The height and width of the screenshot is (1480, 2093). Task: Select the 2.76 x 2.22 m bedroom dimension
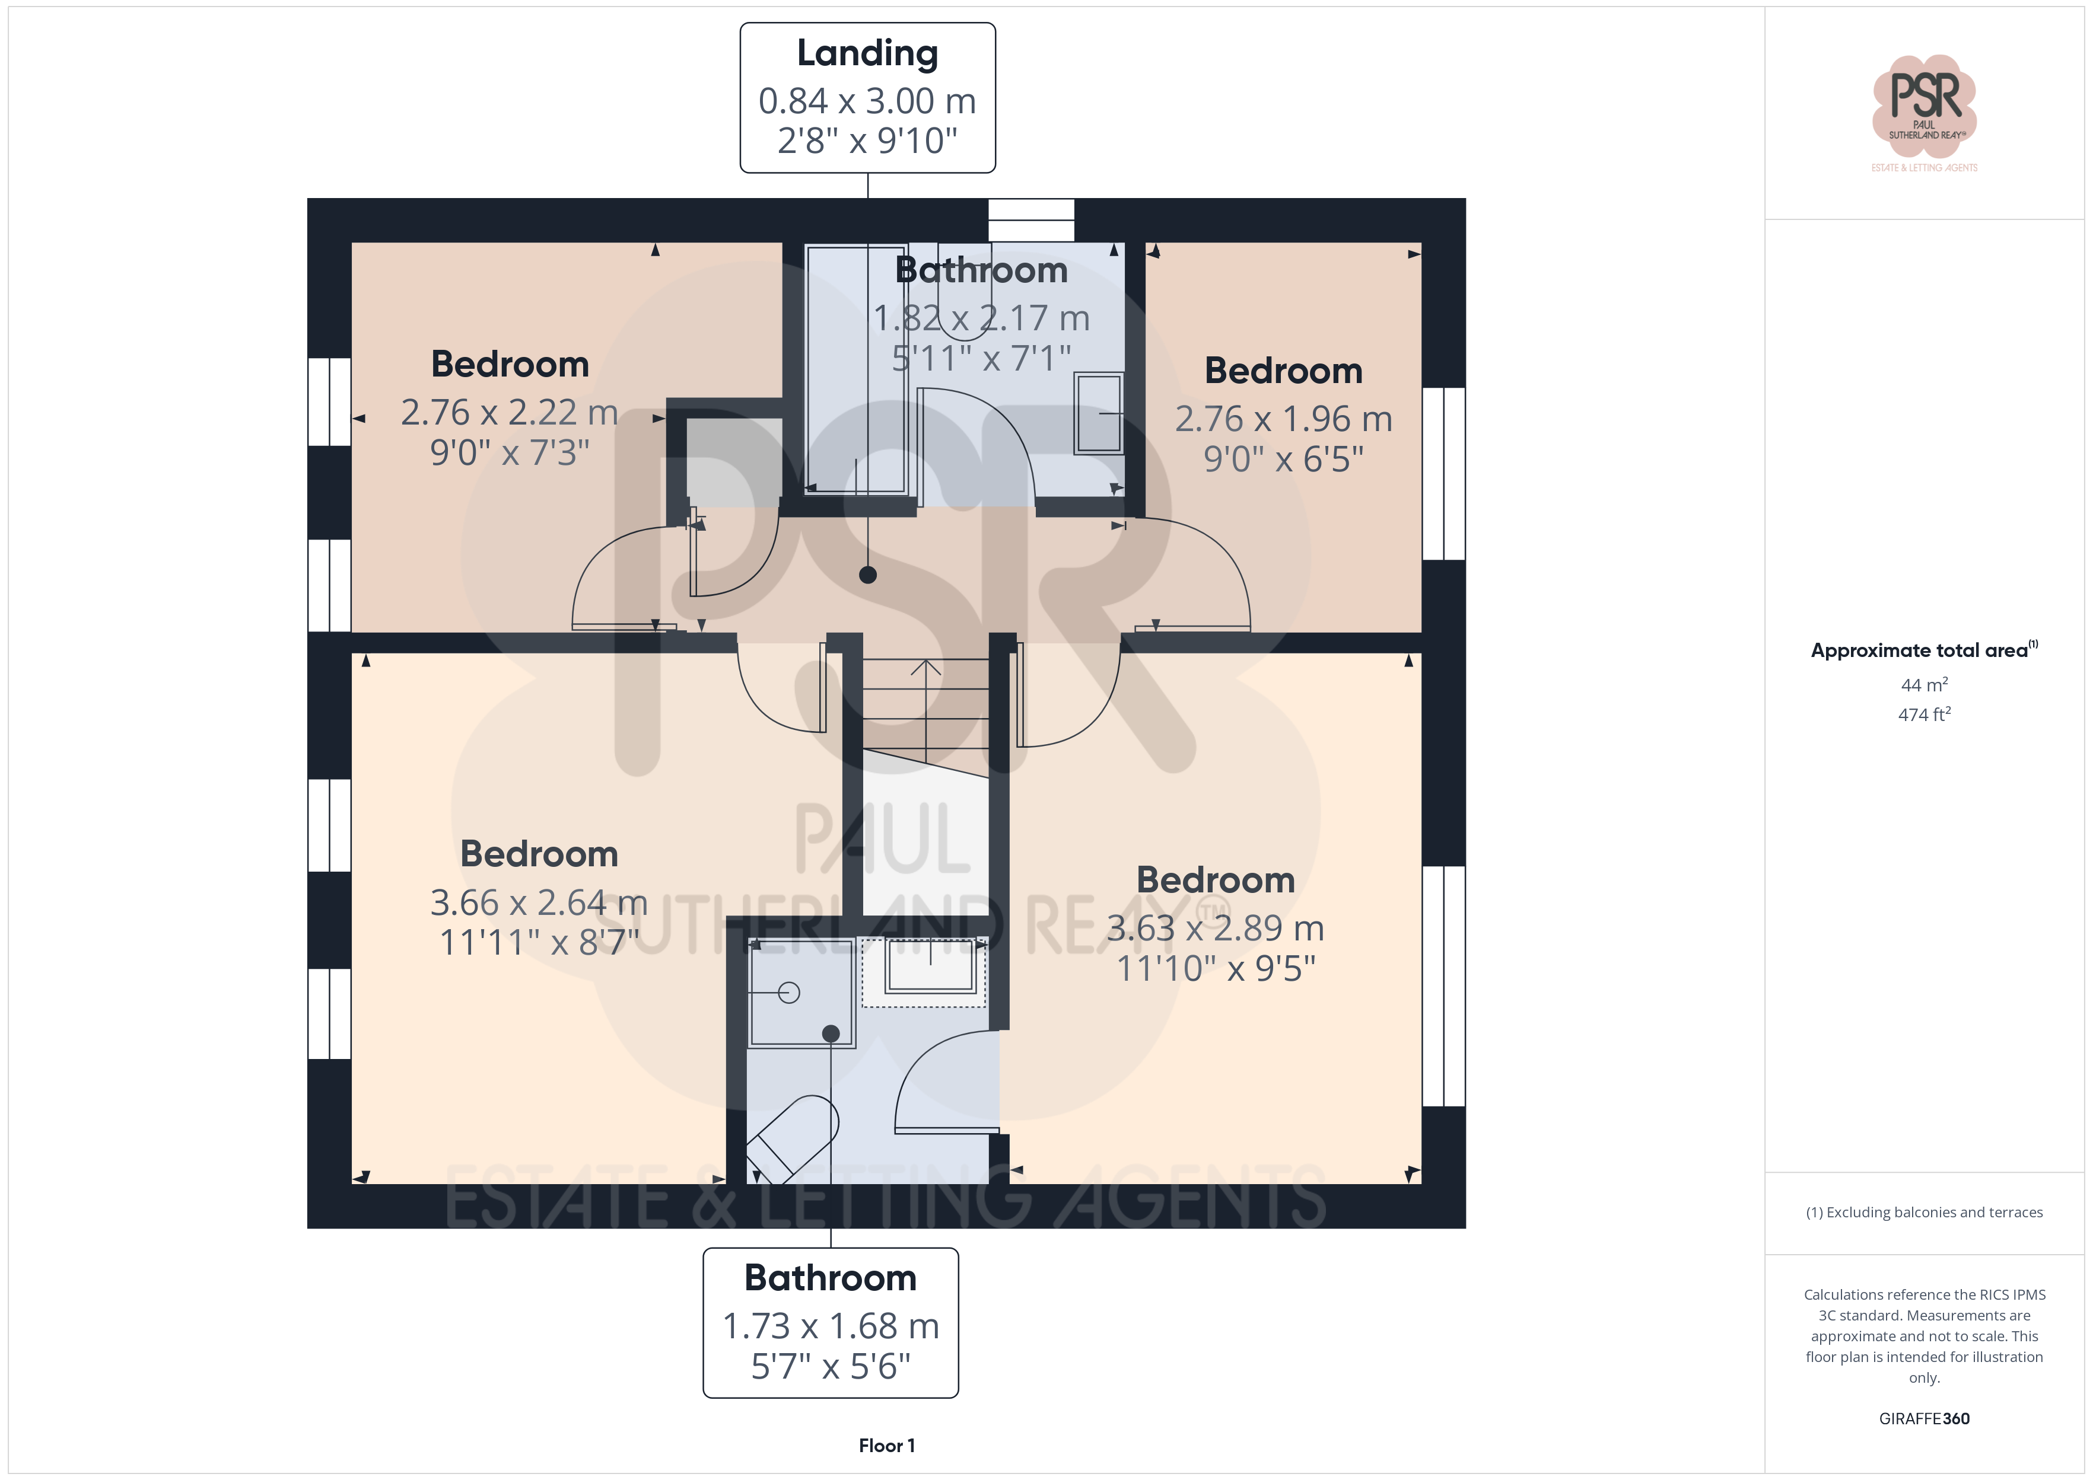510,412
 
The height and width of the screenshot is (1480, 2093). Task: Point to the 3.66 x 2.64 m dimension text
539,902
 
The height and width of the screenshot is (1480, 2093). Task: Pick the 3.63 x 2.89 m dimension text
1215,928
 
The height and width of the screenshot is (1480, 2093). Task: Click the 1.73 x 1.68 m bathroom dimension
831,1326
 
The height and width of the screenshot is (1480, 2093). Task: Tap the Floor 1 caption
886,1446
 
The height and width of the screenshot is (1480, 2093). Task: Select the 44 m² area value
1925,684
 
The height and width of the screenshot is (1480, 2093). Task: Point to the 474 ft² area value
1925,715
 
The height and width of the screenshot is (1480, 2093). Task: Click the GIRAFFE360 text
1925,1419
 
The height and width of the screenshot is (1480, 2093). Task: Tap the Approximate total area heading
1925,650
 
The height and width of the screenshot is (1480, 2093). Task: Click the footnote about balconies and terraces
1925,1212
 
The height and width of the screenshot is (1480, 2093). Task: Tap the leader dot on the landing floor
868,575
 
